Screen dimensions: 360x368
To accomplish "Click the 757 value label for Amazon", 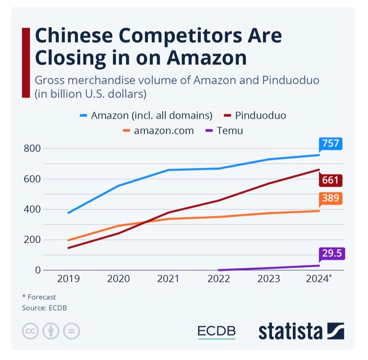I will [x=330, y=144].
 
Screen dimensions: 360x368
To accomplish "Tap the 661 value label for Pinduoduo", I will [x=330, y=180].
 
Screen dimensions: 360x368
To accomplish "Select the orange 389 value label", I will [x=330, y=198].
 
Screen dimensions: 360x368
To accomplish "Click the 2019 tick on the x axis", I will [x=68, y=279].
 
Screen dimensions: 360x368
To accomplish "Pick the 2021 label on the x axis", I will [x=168, y=279].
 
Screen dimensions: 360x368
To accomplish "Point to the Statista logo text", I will [x=290, y=332].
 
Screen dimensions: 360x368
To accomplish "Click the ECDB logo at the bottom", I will [x=217, y=332].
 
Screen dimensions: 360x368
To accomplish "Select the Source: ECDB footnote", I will [x=44, y=308].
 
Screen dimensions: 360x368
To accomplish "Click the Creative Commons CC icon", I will [x=29, y=332].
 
